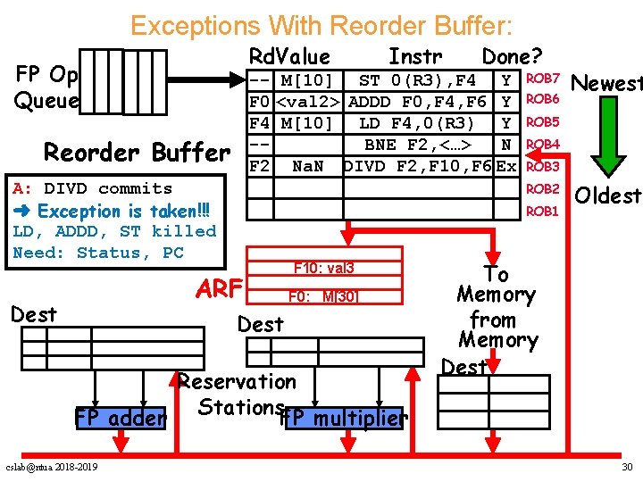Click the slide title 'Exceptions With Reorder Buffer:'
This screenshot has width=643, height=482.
click(321, 24)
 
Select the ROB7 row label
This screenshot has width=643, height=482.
click(542, 80)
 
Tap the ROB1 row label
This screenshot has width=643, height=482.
click(542, 212)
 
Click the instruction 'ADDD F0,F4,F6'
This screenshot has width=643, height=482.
click(417, 102)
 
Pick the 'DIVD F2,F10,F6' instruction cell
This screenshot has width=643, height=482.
click(417, 166)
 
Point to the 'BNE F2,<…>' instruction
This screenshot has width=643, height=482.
click(417, 144)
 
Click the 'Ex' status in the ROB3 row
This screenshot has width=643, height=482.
click(506, 166)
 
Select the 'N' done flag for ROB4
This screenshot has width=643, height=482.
click(506, 144)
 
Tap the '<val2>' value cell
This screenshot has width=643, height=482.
click(310, 102)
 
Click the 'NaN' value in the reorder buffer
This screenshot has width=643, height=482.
click(308, 166)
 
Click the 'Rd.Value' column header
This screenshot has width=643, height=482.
click(289, 57)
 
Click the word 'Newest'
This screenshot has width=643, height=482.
click(606, 85)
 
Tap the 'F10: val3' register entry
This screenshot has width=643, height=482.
click(324, 268)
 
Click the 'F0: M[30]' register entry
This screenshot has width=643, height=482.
click(322, 296)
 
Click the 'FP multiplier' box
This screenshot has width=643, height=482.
click(343, 419)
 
